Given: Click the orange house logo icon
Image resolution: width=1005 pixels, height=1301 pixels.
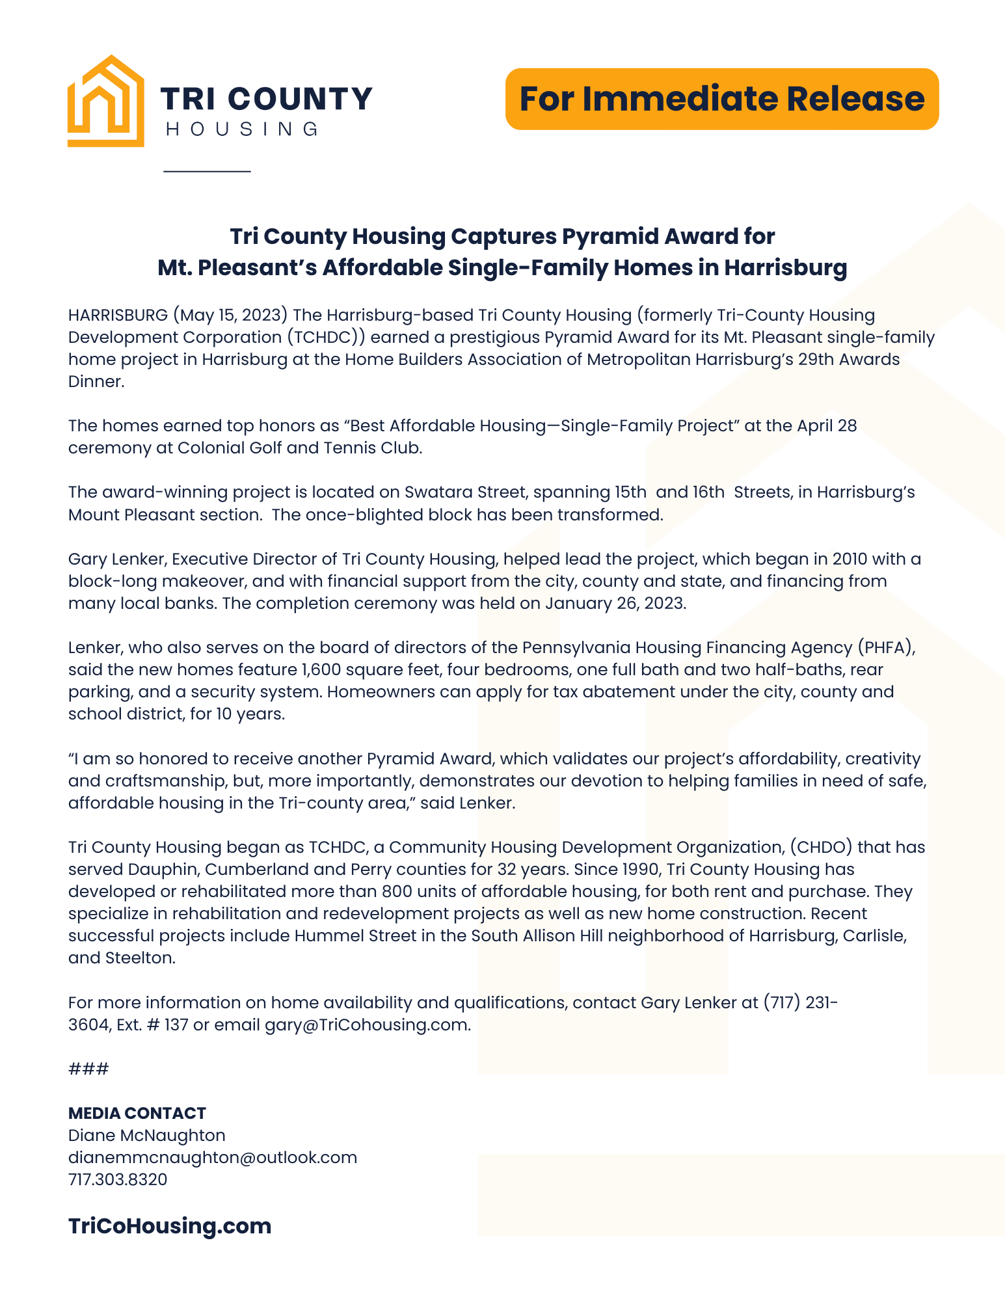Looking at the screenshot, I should pyautogui.click(x=105, y=101).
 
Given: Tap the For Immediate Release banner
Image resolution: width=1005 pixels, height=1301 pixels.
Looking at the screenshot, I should pyautogui.click(x=721, y=99).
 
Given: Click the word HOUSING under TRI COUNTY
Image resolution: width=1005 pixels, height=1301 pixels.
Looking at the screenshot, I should pyautogui.click(x=243, y=129).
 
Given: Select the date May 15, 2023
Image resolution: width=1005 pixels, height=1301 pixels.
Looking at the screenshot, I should pyautogui.click(x=230, y=315).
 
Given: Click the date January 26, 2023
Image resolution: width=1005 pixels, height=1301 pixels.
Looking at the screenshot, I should pyautogui.click(x=615, y=604).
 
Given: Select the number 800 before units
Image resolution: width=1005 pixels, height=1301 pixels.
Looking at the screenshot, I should pyautogui.click(x=396, y=892).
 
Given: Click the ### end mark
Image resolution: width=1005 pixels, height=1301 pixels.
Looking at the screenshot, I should pyautogui.click(x=88, y=1069).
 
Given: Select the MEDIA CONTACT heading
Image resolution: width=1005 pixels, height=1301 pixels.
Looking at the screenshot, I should pyautogui.click(x=137, y=1113).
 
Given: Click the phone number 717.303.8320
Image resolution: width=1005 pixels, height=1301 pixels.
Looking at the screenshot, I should pyautogui.click(x=118, y=1180).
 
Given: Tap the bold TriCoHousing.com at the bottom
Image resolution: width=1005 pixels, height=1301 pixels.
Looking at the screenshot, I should pyautogui.click(x=170, y=1226).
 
